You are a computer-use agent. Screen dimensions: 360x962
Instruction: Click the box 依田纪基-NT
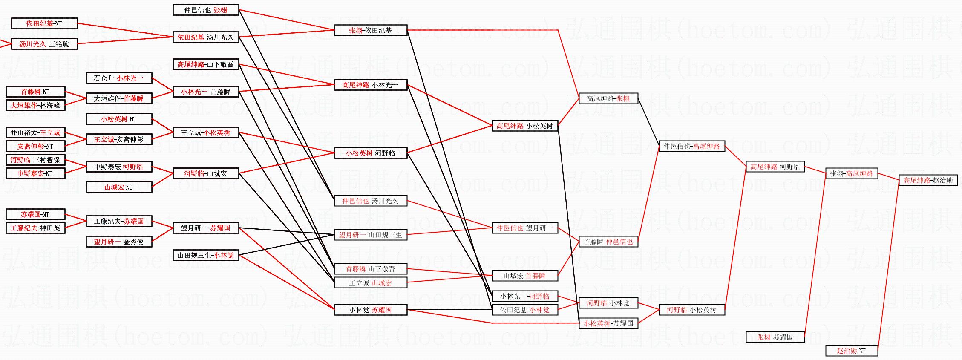click(44, 24)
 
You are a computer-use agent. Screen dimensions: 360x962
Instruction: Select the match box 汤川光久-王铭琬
click(44, 44)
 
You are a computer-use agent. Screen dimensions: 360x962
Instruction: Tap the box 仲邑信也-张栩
click(206, 10)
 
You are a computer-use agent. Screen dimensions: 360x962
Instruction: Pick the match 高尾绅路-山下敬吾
click(206, 65)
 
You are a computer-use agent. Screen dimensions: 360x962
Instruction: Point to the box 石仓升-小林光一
click(119, 78)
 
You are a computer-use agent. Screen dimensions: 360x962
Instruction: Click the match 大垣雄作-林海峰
click(35, 106)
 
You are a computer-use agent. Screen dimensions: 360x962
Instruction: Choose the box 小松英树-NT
click(119, 119)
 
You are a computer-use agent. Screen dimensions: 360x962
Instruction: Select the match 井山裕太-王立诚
click(35, 133)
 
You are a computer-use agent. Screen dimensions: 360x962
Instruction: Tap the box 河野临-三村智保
click(35, 160)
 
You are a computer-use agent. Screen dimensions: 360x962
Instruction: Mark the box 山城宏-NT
click(119, 187)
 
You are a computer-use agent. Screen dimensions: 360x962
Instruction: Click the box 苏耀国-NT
click(35, 215)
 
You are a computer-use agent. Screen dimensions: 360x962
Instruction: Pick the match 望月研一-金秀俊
click(119, 242)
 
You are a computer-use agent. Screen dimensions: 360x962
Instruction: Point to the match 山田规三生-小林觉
click(206, 256)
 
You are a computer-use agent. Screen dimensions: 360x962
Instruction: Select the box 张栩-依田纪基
click(371, 31)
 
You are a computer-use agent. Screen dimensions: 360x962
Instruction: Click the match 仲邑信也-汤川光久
click(371, 201)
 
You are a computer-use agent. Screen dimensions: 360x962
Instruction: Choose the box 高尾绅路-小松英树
click(525, 126)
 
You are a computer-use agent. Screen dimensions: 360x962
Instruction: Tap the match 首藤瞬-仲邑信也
click(608, 242)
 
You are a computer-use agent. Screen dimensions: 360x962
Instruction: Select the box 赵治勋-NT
click(851, 351)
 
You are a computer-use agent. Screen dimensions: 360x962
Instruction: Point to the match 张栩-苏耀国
click(775, 337)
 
